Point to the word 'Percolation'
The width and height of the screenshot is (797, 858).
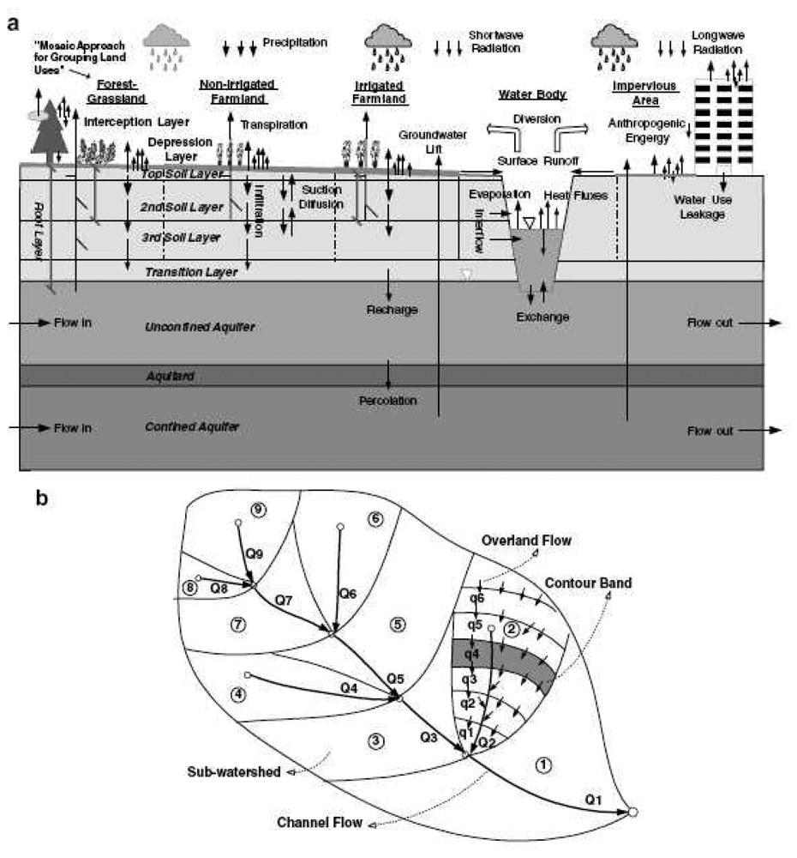coord(387,401)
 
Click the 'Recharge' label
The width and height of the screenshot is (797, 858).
coord(391,310)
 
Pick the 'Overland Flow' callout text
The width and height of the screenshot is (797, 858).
coord(526,541)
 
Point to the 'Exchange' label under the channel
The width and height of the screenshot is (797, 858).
coord(542,317)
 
